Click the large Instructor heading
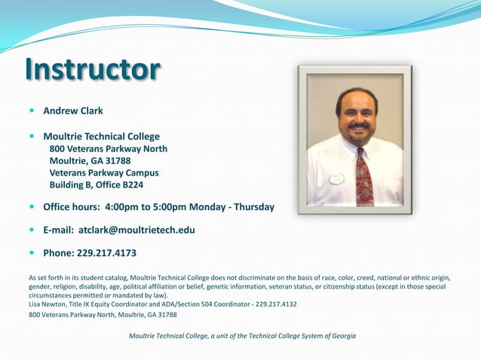[x=92, y=69]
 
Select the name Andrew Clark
[x=73, y=111]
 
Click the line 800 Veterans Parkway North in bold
[x=108, y=149]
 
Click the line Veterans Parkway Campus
[x=104, y=172]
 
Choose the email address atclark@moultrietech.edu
[x=136, y=230]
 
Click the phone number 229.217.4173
[x=106, y=253]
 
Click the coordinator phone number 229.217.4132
[x=276, y=304]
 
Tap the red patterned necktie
[x=363, y=179]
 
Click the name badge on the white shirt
[x=336, y=179]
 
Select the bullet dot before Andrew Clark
[x=32, y=111]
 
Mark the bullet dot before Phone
[x=32, y=253]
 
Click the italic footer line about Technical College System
[x=242, y=335]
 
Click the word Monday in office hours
[x=206, y=206]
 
